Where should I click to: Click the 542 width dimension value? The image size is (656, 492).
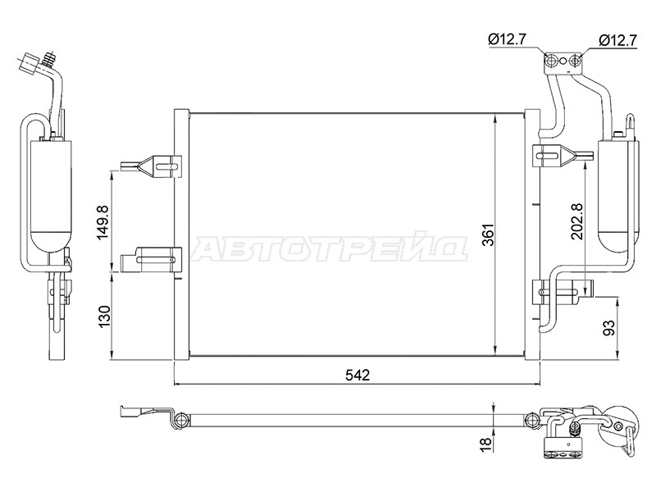pos(358,376)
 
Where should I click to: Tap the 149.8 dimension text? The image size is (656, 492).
pos(103,222)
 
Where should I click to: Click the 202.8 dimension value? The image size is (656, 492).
pos(578,221)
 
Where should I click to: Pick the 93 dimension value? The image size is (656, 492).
pos(609,327)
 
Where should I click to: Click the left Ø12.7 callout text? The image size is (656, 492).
pos(507,39)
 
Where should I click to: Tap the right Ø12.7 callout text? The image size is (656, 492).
pos(617,40)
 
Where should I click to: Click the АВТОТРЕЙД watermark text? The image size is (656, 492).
pos(329,249)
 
